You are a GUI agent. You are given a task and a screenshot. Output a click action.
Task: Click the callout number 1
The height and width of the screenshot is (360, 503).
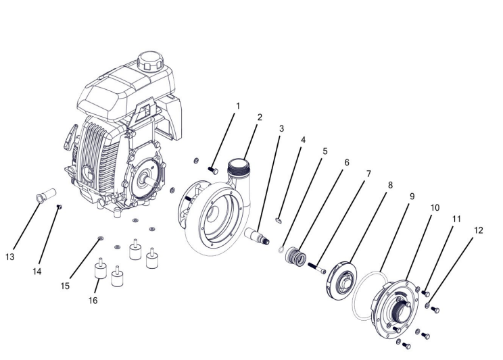click(x=238, y=106)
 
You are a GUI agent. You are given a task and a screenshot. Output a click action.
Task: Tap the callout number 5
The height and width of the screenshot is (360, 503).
click(x=325, y=151)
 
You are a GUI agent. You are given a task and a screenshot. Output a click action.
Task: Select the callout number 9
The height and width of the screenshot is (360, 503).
click(x=412, y=196)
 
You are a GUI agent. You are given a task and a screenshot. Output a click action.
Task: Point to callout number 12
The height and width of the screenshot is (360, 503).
click(x=478, y=230)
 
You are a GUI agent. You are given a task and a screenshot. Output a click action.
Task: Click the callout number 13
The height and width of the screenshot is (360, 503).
click(x=10, y=257)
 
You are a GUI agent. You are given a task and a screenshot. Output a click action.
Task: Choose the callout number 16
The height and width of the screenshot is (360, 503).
click(x=93, y=301)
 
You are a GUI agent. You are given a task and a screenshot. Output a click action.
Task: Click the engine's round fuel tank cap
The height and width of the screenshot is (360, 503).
click(x=151, y=61)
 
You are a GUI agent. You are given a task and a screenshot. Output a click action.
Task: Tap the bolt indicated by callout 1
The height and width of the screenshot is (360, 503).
click(x=213, y=170)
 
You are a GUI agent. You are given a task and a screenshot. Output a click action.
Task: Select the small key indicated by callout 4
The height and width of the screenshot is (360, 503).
click(x=279, y=220)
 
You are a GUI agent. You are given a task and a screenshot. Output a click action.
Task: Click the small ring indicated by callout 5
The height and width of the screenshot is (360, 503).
click(x=281, y=249)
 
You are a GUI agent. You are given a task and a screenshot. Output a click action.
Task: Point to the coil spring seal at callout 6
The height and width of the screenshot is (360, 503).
click(x=296, y=257)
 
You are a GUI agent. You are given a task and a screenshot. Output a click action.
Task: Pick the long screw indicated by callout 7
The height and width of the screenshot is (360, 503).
click(x=317, y=268)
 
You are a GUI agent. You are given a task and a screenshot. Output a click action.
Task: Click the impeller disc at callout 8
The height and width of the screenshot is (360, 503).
click(x=341, y=281)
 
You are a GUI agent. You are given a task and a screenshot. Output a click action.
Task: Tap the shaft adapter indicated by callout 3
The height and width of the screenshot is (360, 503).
click(x=257, y=236)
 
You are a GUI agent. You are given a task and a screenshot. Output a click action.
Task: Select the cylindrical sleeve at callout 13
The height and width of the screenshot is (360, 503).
click(x=46, y=196)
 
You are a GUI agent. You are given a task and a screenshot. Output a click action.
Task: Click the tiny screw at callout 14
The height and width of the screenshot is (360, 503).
click(x=59, y=207)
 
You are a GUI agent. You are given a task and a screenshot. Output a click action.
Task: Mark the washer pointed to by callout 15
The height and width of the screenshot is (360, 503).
click(x=101, y=238)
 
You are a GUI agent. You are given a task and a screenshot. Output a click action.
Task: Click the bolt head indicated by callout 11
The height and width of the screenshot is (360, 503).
click(x=426, y=293)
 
